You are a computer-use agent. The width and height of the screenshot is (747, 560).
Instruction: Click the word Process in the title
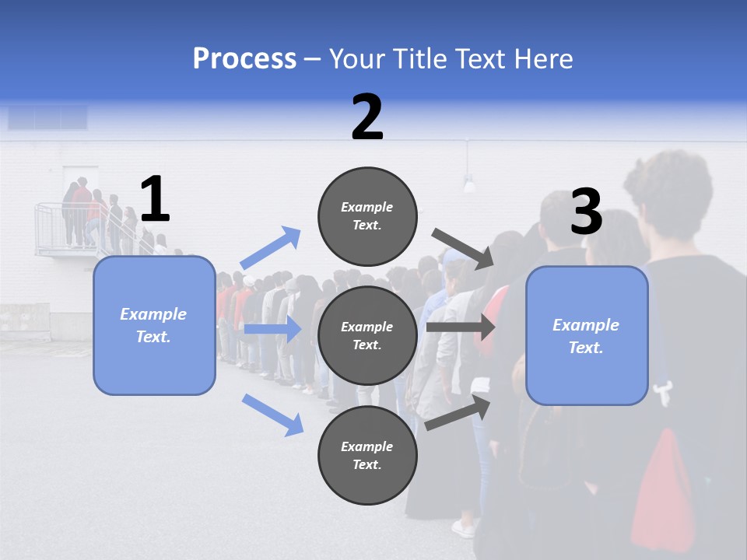click(x=244, y=58)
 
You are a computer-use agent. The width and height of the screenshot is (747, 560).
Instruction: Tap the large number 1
click(x=155, y=200)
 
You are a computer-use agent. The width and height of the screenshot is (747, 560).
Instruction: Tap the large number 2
click(x=367, y=117)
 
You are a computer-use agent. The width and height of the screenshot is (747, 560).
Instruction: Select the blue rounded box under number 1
click(x=154, y=325)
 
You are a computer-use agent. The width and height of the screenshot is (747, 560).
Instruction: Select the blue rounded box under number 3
click(x=587, y=335)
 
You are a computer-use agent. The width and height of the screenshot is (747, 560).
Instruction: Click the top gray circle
click(x=367, y=216)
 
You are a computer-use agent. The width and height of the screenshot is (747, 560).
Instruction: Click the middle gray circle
click(x=367, y=335)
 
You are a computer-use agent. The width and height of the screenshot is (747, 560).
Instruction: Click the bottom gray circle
click(x=367, y=455)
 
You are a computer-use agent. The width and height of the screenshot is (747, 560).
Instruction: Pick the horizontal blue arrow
click(x=272, y=329)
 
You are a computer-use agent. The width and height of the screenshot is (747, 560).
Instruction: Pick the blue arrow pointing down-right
click(x=272, y=414)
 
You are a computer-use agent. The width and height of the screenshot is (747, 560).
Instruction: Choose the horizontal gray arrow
click(x=461, y=327)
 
